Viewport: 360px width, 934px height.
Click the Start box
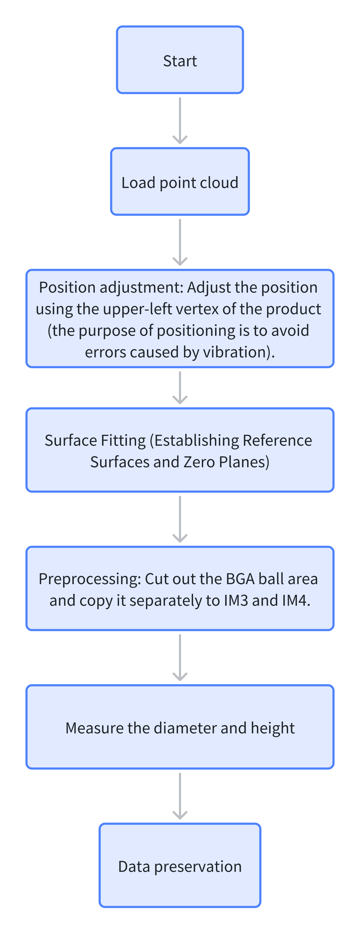180,60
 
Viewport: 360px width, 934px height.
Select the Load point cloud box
180,181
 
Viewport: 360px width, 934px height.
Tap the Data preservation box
180,866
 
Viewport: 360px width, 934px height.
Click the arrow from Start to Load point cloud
180,120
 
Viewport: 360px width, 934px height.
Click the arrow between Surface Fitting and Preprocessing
180,519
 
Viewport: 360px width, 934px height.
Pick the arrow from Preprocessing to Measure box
180,657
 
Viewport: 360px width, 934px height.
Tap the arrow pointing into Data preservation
180,796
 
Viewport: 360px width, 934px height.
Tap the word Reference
277,440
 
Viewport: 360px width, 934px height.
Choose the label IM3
236,600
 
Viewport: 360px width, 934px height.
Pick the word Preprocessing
89,579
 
